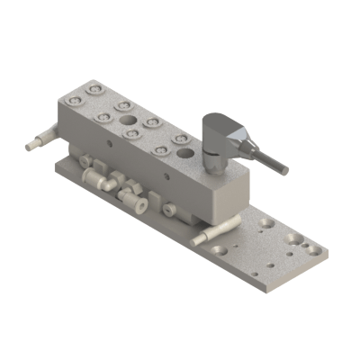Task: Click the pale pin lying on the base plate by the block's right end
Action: pyautogui.click(x=212, y=236)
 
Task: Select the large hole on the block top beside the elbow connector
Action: pyautogui.click(x=186, y=151)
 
